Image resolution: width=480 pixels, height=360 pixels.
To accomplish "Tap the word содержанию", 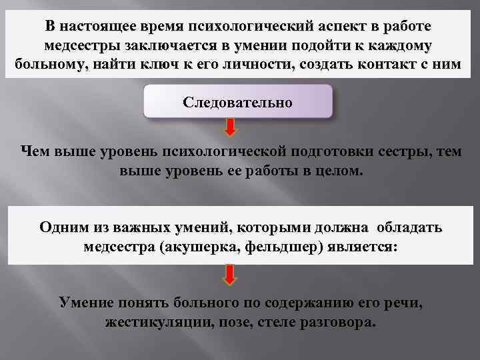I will tap(311, 303).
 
